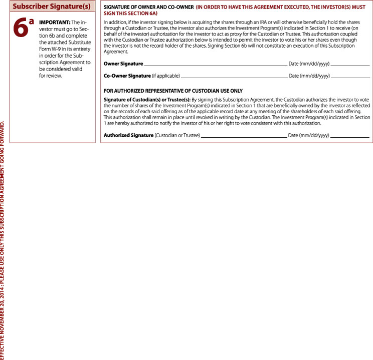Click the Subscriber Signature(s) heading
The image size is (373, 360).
(x=51, y=7)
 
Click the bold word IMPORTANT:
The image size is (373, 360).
(x=54, y=23)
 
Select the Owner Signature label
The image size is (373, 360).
(x=123, y=64)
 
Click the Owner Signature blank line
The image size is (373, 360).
(x=216, y=65)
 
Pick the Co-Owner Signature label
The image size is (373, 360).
(x=127, y=76)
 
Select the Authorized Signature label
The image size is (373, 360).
(x=128, y=135)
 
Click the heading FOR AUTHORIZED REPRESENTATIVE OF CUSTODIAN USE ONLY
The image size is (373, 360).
(x=173, y=91)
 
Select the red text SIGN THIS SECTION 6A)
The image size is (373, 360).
(x=130, y=15)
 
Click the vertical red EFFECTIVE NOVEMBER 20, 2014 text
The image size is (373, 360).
(x=4, y=240)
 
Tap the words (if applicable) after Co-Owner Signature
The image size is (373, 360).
(x=165, y=76)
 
